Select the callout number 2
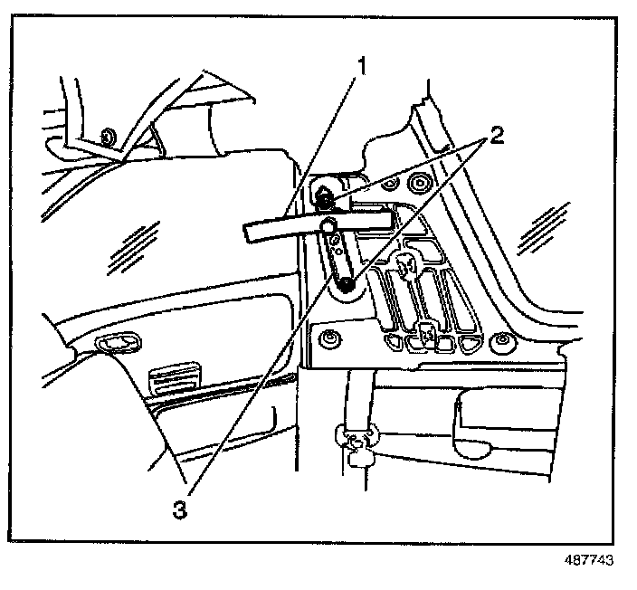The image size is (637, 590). [x=495, y=137]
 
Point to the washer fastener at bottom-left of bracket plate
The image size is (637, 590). [x=329, y=339]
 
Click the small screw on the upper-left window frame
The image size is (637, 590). [x=108, y=137]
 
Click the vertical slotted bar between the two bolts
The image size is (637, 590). [x=338, y=255]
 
